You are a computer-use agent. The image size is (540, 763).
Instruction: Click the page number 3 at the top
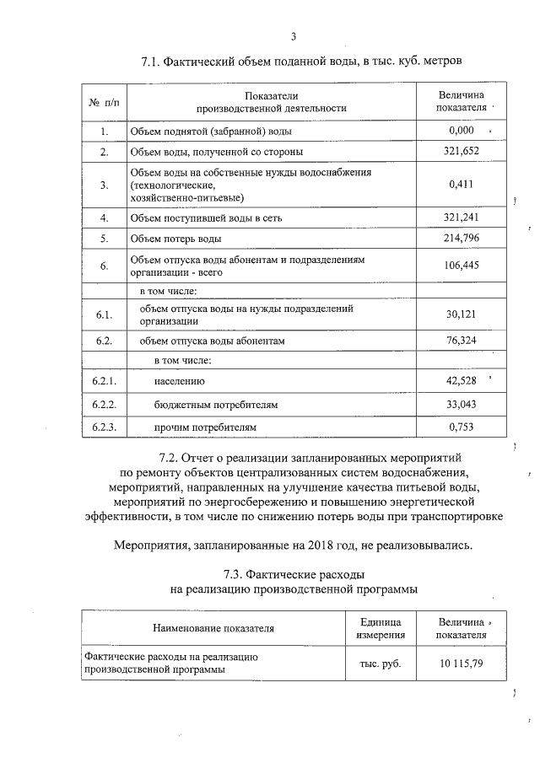[293, 36]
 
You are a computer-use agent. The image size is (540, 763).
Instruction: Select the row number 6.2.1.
[104, 382]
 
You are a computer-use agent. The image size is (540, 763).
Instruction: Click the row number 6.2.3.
[104, 427]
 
